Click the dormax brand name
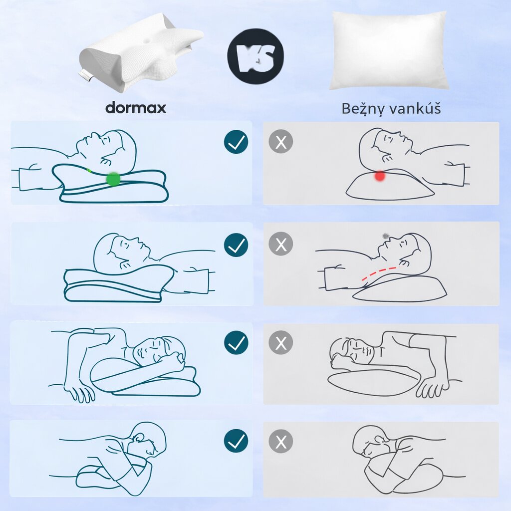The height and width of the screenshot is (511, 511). tap(135, 108)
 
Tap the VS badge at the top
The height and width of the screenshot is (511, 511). tap(255, 56)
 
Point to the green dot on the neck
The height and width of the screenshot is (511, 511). tap(113, 179)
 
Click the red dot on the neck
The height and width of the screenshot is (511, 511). tap(380, 176)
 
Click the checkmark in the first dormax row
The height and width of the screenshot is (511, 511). tap(236, 143)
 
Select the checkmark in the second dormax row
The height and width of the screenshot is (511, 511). tap(236, 245)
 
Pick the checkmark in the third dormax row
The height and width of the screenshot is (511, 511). tap(236, 343)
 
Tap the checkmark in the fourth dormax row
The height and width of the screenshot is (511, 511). tap(236, 441)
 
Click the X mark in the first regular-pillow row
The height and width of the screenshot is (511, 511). tap(281, 143)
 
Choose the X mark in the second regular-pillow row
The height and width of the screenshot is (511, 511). tap(281, 245)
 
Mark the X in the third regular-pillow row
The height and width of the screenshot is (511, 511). tap(281, 343)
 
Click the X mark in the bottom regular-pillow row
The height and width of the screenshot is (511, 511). tap(281, 441)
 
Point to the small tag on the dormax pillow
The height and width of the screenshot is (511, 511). tap(86, 76)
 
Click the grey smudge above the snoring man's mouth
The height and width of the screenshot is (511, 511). tap(385, 235)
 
